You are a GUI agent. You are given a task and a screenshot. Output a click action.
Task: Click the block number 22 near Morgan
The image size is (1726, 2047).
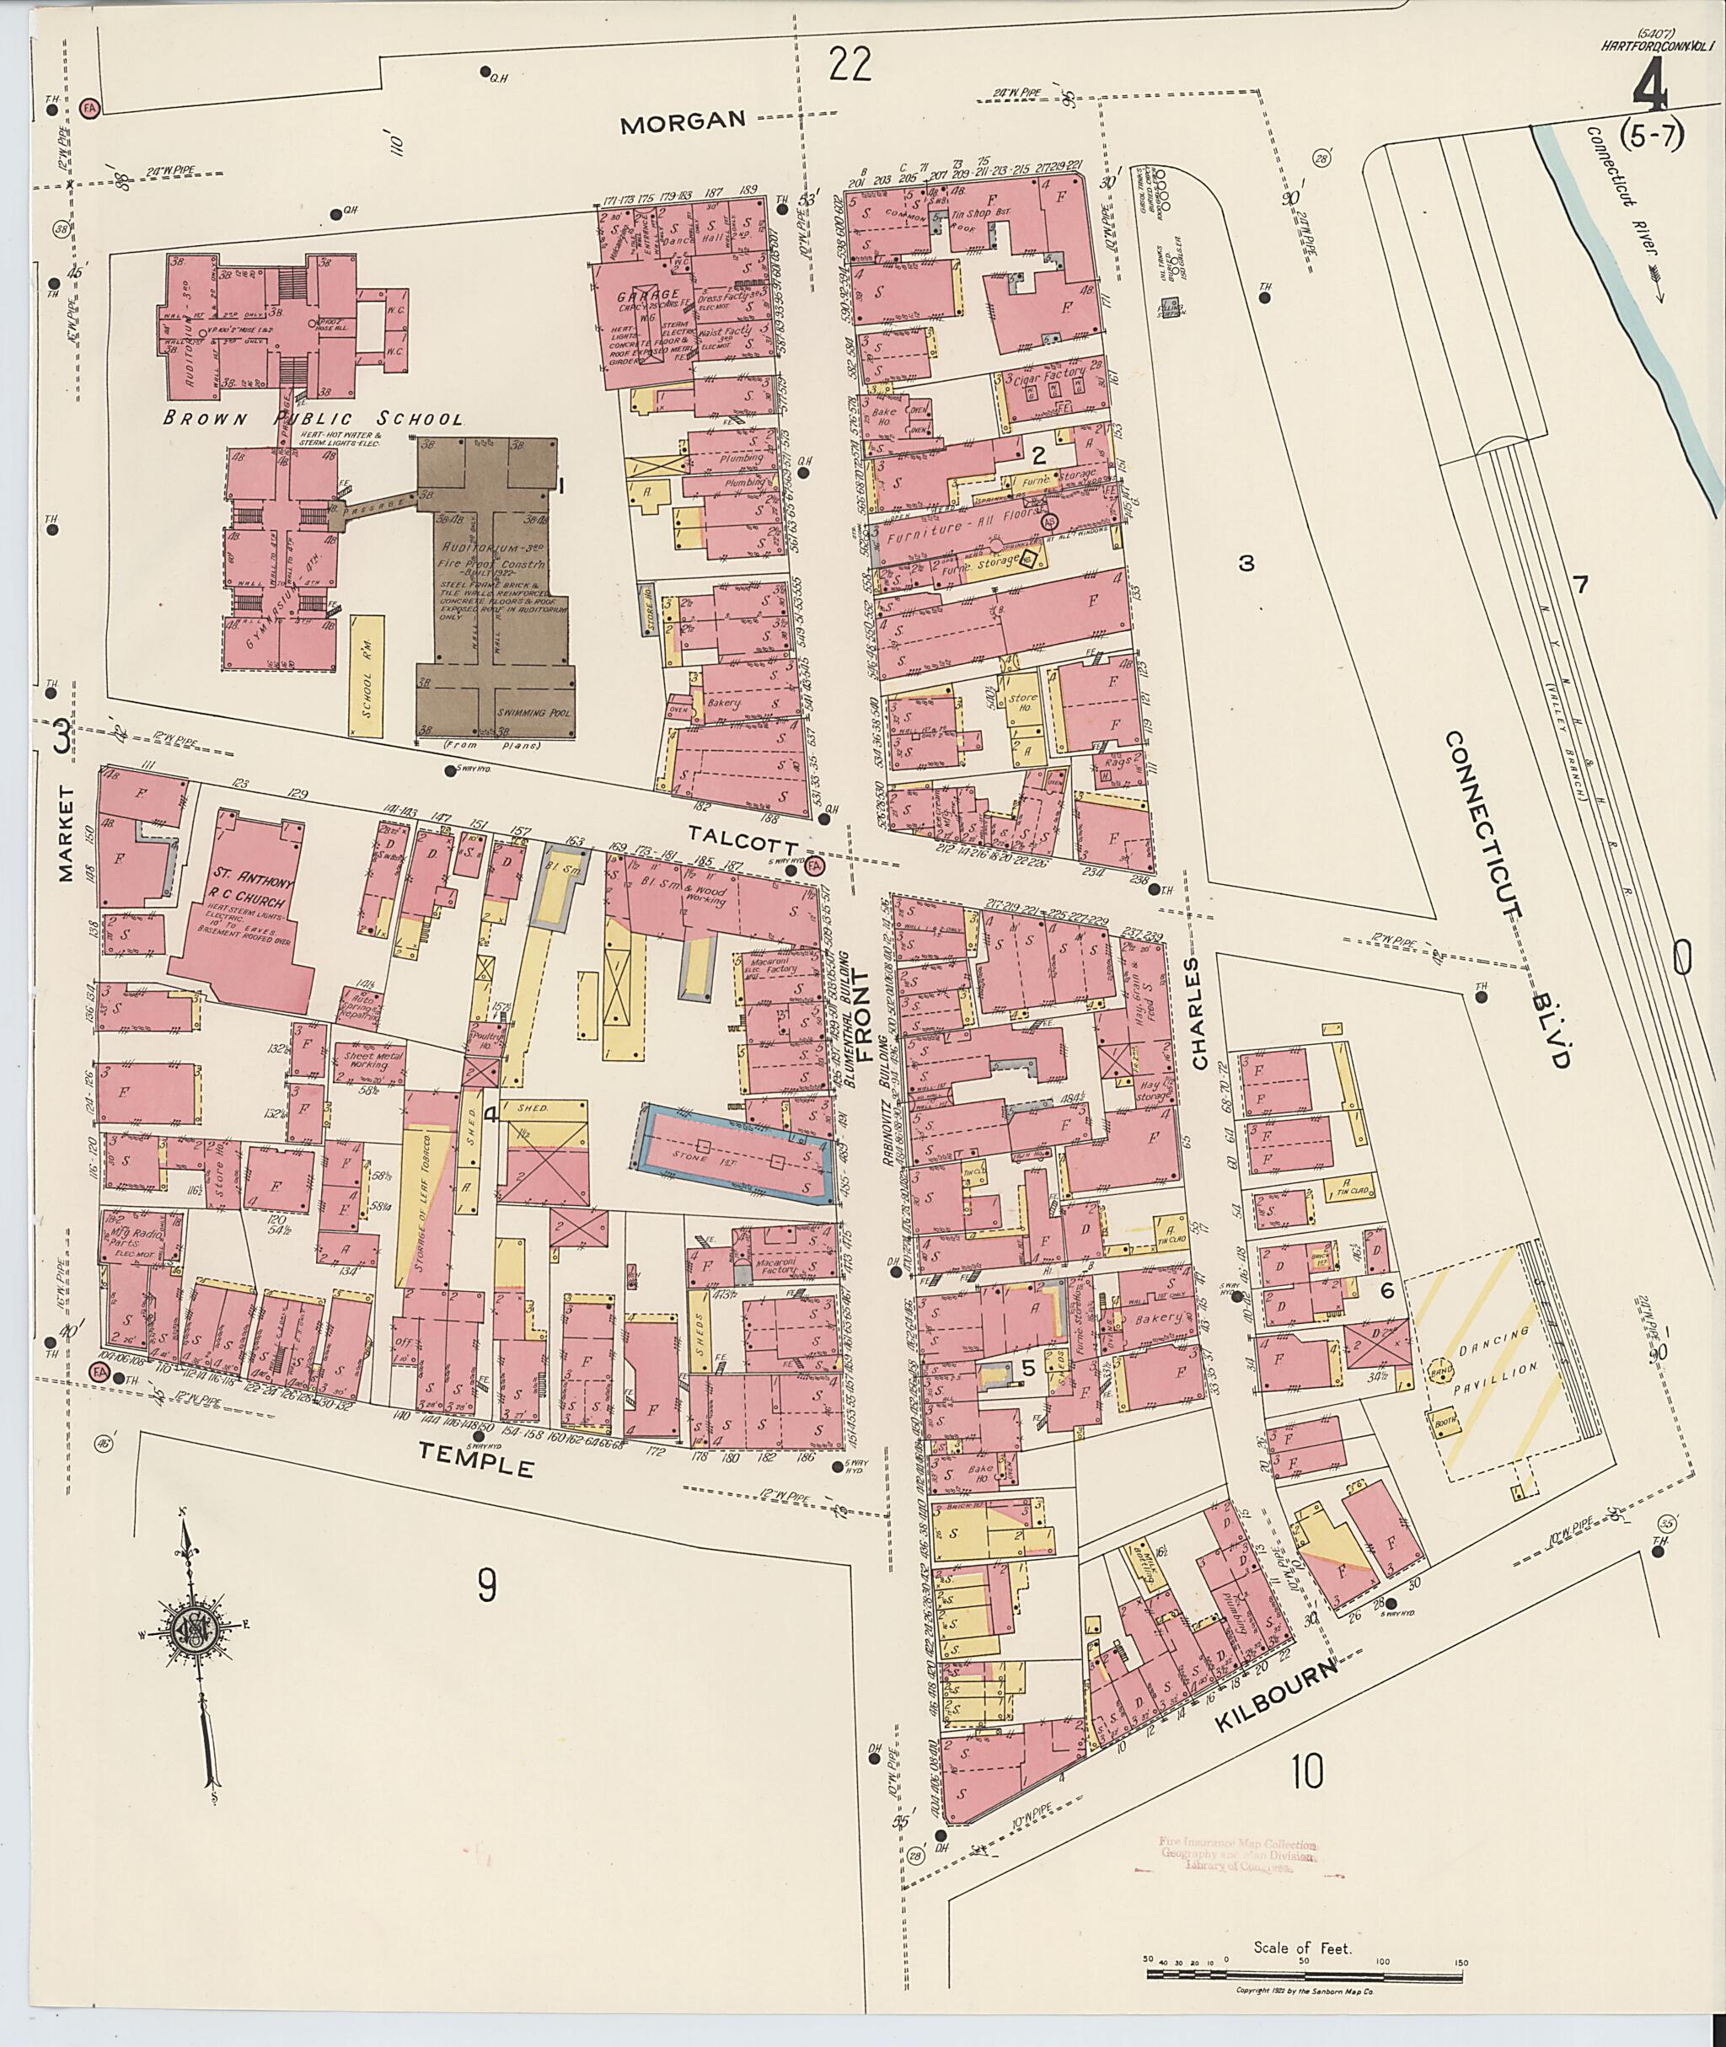coord(849,67)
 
